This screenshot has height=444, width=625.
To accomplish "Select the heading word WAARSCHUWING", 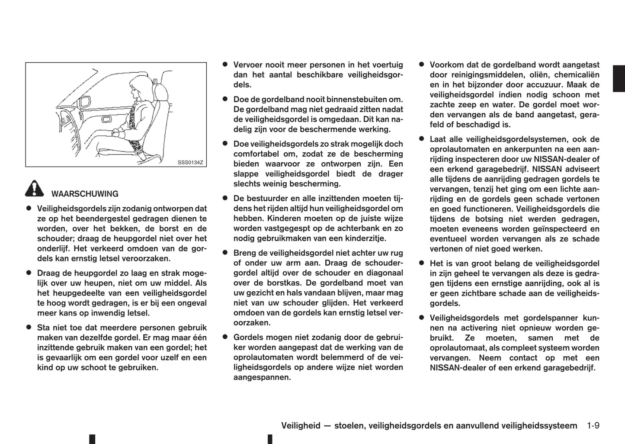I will pos(85,194).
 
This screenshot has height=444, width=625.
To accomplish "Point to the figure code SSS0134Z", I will pos(190,163).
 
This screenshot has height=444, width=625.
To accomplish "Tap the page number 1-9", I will pos(593,425).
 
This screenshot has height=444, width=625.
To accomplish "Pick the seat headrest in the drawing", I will pos(161,92).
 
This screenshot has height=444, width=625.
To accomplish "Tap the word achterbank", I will pos(356,228).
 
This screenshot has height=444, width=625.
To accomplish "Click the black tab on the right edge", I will pos(619,78).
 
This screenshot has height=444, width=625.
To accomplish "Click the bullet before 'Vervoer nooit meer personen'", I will pos(225,64).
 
